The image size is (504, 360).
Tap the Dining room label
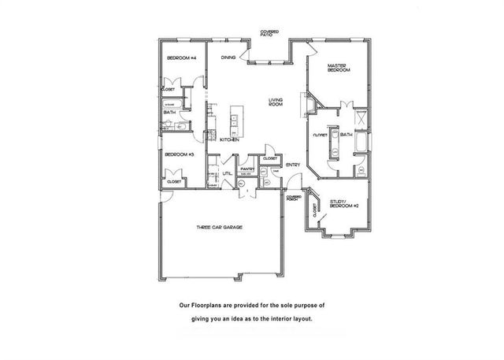pos(228,58)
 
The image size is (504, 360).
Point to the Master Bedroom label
pos(338,69)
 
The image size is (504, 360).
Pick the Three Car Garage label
pos(219,228)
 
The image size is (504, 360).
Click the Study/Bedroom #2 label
pos(344,204)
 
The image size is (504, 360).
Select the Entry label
pos(293,164)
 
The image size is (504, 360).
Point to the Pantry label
pos(246,168)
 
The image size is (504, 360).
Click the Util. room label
pos(226,173)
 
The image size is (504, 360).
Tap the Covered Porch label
pos(293,197)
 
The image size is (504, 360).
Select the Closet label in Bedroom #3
pos(173,181)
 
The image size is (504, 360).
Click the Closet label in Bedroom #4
pos(169,90)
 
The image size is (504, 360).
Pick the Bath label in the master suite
pos(346,135)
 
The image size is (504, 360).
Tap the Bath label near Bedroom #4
pos(169,113)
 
